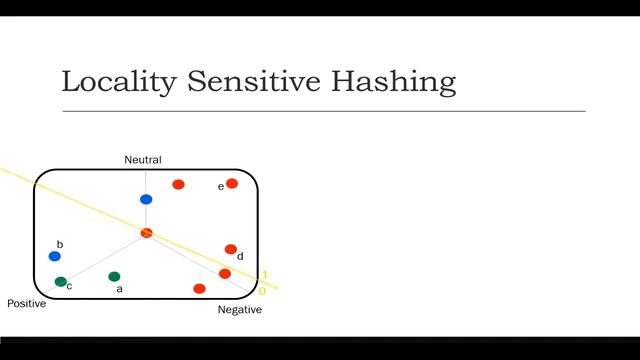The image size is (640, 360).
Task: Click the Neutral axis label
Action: coord(142,160)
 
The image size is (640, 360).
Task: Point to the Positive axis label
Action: coord(26,303)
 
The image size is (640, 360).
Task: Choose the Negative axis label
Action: coord(240,310)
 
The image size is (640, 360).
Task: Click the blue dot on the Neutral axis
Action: coord(146,199)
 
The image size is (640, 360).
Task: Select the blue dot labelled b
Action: coord(55,257)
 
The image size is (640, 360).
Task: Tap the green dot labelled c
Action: coord(61,282)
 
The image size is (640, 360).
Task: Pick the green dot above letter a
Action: coord(114,276)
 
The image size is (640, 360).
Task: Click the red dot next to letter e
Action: coord(232,183)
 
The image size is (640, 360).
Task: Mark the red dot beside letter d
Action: coord(231,249)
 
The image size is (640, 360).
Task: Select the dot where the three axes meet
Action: coord(146,233)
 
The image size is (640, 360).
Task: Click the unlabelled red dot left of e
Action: coord(178,184)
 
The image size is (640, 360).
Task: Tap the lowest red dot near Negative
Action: coord(199,289)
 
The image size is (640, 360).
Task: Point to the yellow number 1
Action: coord(264,275)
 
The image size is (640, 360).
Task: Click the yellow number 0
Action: coord(262,291)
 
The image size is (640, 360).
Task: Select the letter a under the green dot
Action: coord(120,289)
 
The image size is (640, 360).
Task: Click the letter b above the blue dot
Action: coord(60,244)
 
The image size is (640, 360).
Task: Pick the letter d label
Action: coord(240,257)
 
